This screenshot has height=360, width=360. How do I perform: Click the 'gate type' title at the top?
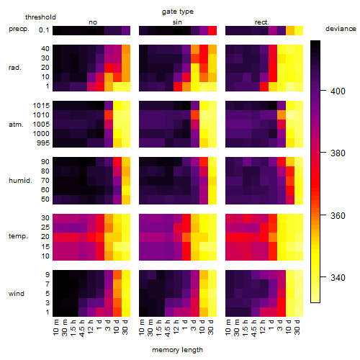click(178, 12)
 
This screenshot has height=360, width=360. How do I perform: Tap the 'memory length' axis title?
click(177, 350)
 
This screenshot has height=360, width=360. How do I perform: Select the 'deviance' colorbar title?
click(341, 29)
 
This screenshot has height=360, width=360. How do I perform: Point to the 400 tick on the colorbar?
click(323, 91)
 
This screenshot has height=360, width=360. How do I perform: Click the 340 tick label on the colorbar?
click(338, 278)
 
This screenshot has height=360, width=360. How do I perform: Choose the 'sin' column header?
click(177, 22)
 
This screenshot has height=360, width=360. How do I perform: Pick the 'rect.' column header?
click(261, 22)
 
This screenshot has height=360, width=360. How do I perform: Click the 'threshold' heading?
click(40, 17)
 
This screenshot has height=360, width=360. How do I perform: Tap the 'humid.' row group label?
click(20, 181)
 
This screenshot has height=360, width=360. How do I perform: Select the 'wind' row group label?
click(17, 294)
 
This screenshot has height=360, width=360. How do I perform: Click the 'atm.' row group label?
click(16, 125)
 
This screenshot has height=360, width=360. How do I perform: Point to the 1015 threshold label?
click(41, 106)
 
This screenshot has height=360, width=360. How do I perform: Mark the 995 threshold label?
click(43, 143)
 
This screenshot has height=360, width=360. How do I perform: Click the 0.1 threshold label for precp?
click(44, 30)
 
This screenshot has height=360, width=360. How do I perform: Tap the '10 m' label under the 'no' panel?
click(56, 327)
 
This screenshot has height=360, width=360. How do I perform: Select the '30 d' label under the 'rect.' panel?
click(297, 327)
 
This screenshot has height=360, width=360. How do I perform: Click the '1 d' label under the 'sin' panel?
click(185, 325)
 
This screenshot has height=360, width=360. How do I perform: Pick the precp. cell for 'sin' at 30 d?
click(212, 30)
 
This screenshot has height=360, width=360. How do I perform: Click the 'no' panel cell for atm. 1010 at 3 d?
click(109, 115)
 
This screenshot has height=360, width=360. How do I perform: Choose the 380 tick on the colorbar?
click(323, 152)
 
